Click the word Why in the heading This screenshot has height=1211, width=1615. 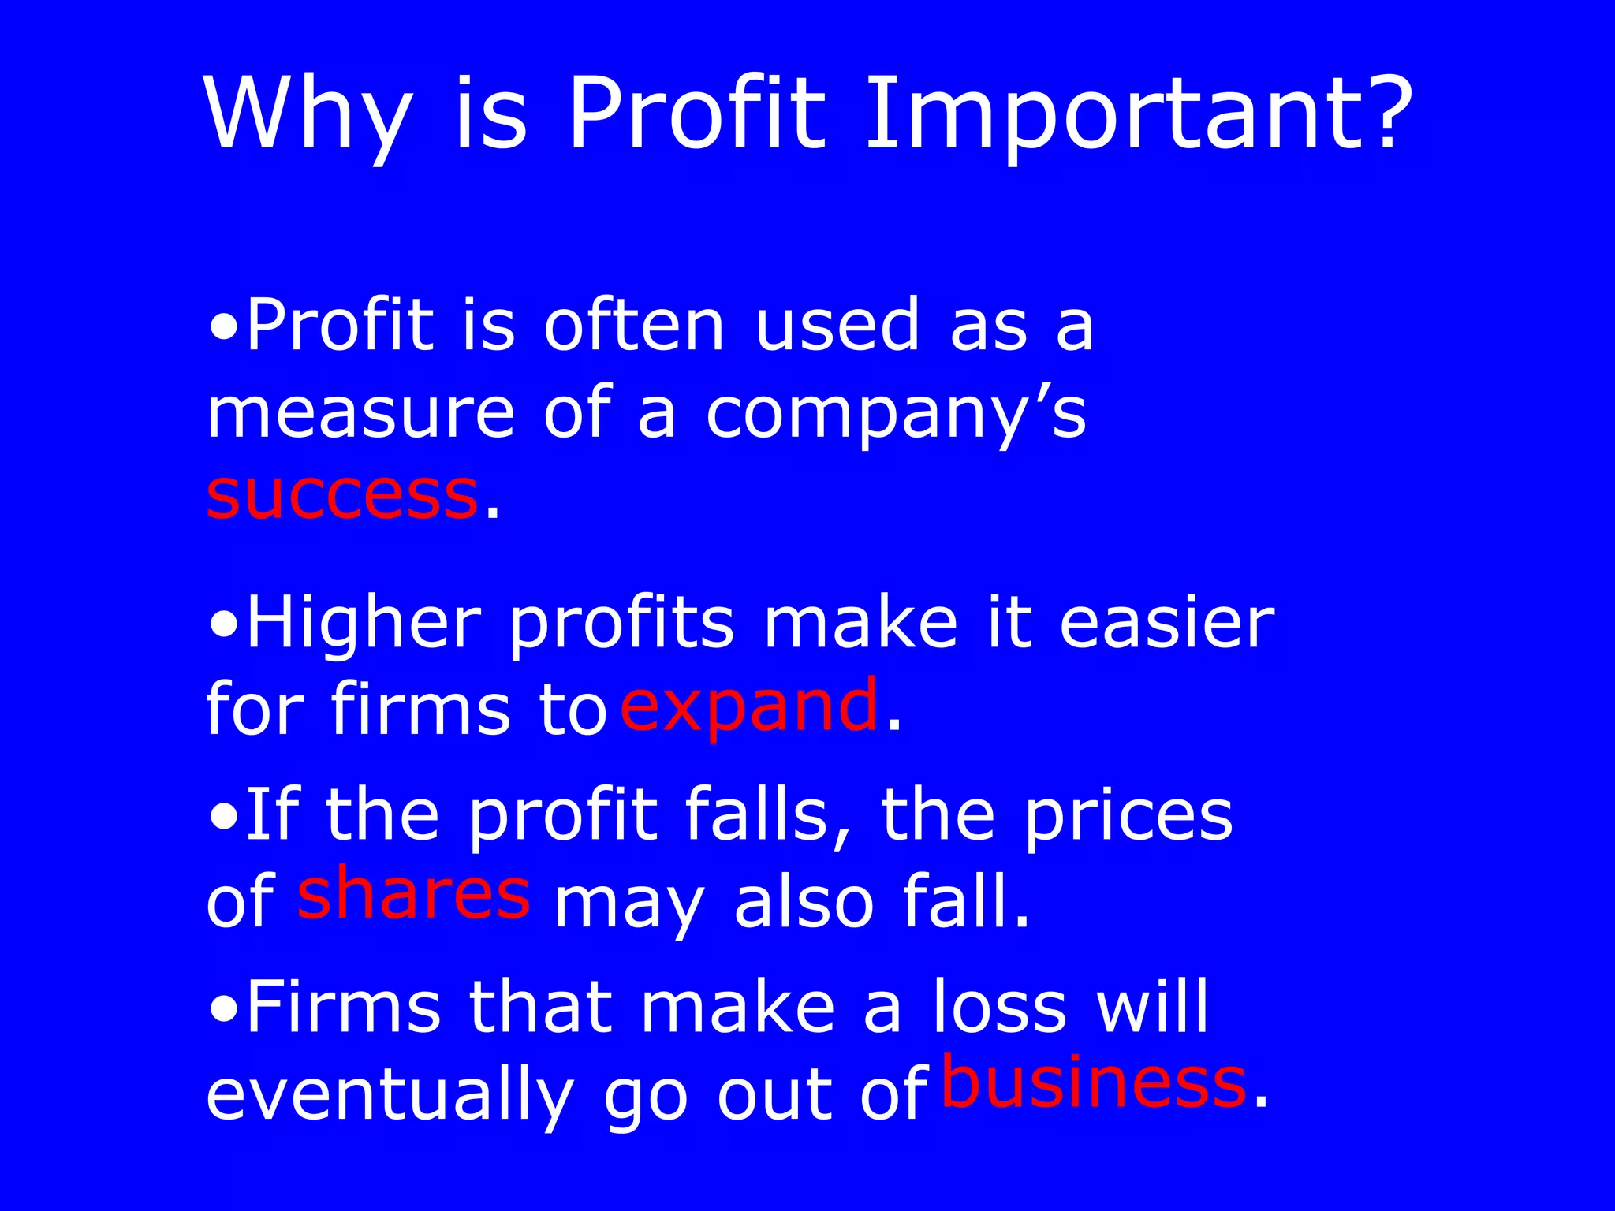pyautogui.click(x=308, y=114)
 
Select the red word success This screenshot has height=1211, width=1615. pyautogui.click(x=341, y=496)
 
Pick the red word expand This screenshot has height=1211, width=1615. pyautogui.click(x=748, y=705)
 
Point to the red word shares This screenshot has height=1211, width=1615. pyautogui.click(x=413, y=893)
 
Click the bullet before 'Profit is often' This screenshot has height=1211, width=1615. pyautogui.click(x=225, y=326)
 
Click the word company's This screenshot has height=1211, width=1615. pyautogui.click(x=896, y=415)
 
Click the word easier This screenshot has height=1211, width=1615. pyautogui.click(x=1166, y=624)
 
